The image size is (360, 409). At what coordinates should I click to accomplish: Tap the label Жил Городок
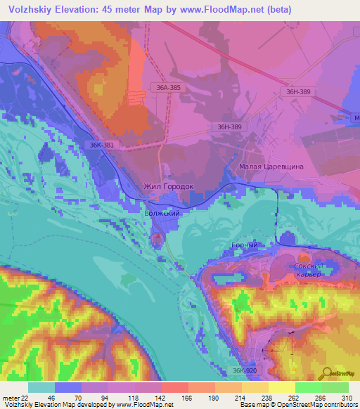[168, 187]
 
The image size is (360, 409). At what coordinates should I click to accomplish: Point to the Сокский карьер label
[308, 270]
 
